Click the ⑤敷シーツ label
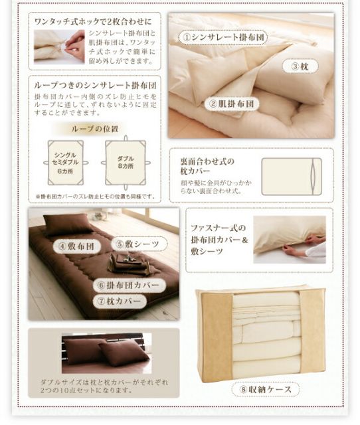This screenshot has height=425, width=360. [x=138, y=244]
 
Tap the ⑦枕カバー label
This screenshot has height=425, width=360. [x=120, y=301]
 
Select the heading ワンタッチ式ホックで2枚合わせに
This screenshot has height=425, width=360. [x=94, y=20]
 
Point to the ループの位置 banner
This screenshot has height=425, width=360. [x=95, y=129]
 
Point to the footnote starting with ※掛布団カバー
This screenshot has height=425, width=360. [x=96, y=196]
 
